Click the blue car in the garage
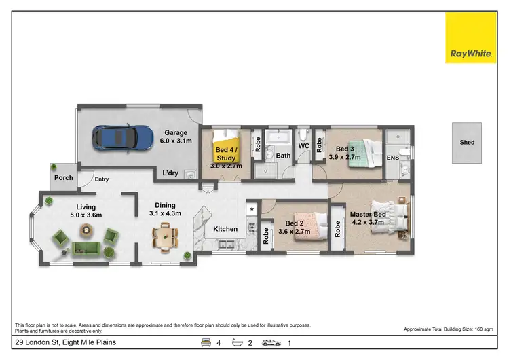124,138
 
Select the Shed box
467,143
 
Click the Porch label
63,179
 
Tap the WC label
303,145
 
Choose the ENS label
392,158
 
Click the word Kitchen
226,229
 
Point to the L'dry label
170,173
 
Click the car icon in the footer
271,343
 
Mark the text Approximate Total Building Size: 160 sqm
448,329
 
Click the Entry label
102,179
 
